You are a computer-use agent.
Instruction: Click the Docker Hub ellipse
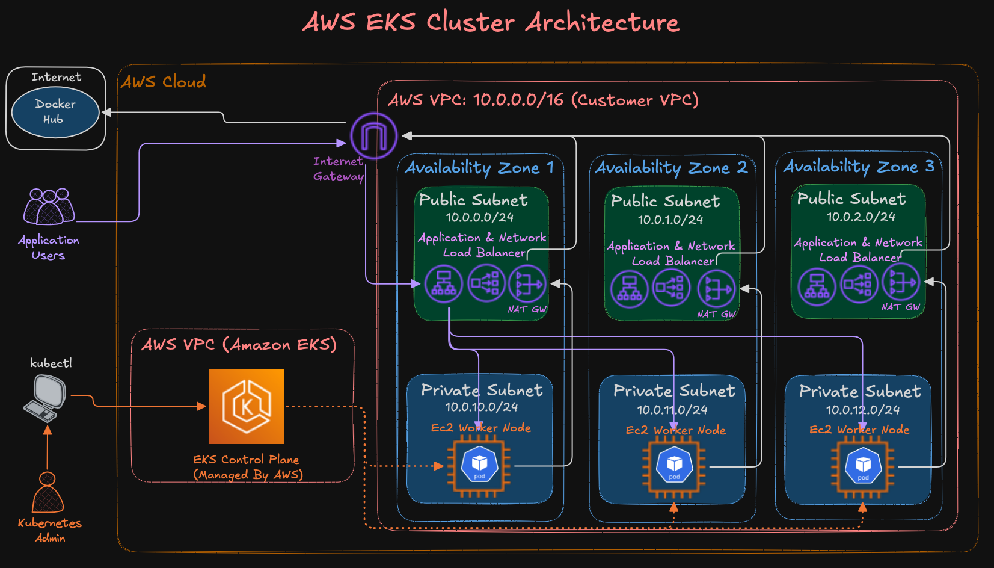pyautogui.click(x=55, y=112)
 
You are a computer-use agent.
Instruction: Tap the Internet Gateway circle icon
pyautogui.click(x=373, y=136)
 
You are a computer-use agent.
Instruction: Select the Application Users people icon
pyautogui.click(x=49, y=207)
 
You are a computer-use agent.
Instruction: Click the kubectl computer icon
pyautogui.click(x=45, y=398)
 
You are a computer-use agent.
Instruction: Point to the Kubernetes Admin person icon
pyautogui.click(x=48, y=493)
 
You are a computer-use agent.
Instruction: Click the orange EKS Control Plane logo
pyautogui.click(x=246, y=406)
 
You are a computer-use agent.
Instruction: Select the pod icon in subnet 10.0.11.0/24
pyautogui.click(x=674, y=466)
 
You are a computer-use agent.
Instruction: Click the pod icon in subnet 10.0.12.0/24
pyautogui.click(x=863, y=466)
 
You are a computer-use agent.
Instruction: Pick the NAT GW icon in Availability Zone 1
pyautogui.click(x=527, y=283)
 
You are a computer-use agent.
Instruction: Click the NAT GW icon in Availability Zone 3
pyautogui.click(x=901, y=282)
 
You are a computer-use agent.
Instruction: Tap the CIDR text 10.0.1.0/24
pyautogui.click(x=670, y=220)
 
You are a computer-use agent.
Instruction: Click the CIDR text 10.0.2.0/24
pyautogui.click(x=861, y=217)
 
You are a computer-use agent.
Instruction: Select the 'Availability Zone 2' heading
pyautogui.click(x=671, y=168)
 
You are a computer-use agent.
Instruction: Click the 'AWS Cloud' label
pyautogui.click(x=164, y=82)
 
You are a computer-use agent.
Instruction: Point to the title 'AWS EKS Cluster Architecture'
pyautogui.click(x=491, y=23)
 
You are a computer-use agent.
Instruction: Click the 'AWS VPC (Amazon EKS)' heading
pyautogui.click(x=239, y=345)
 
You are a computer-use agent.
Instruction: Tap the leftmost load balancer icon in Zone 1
pyautogui.click(x=444, y=283)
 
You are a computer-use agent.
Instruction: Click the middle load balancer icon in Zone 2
pyautogui.click(x=672, y=288)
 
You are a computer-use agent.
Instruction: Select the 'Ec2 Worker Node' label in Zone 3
pyautogui.click(x=859, y=430)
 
